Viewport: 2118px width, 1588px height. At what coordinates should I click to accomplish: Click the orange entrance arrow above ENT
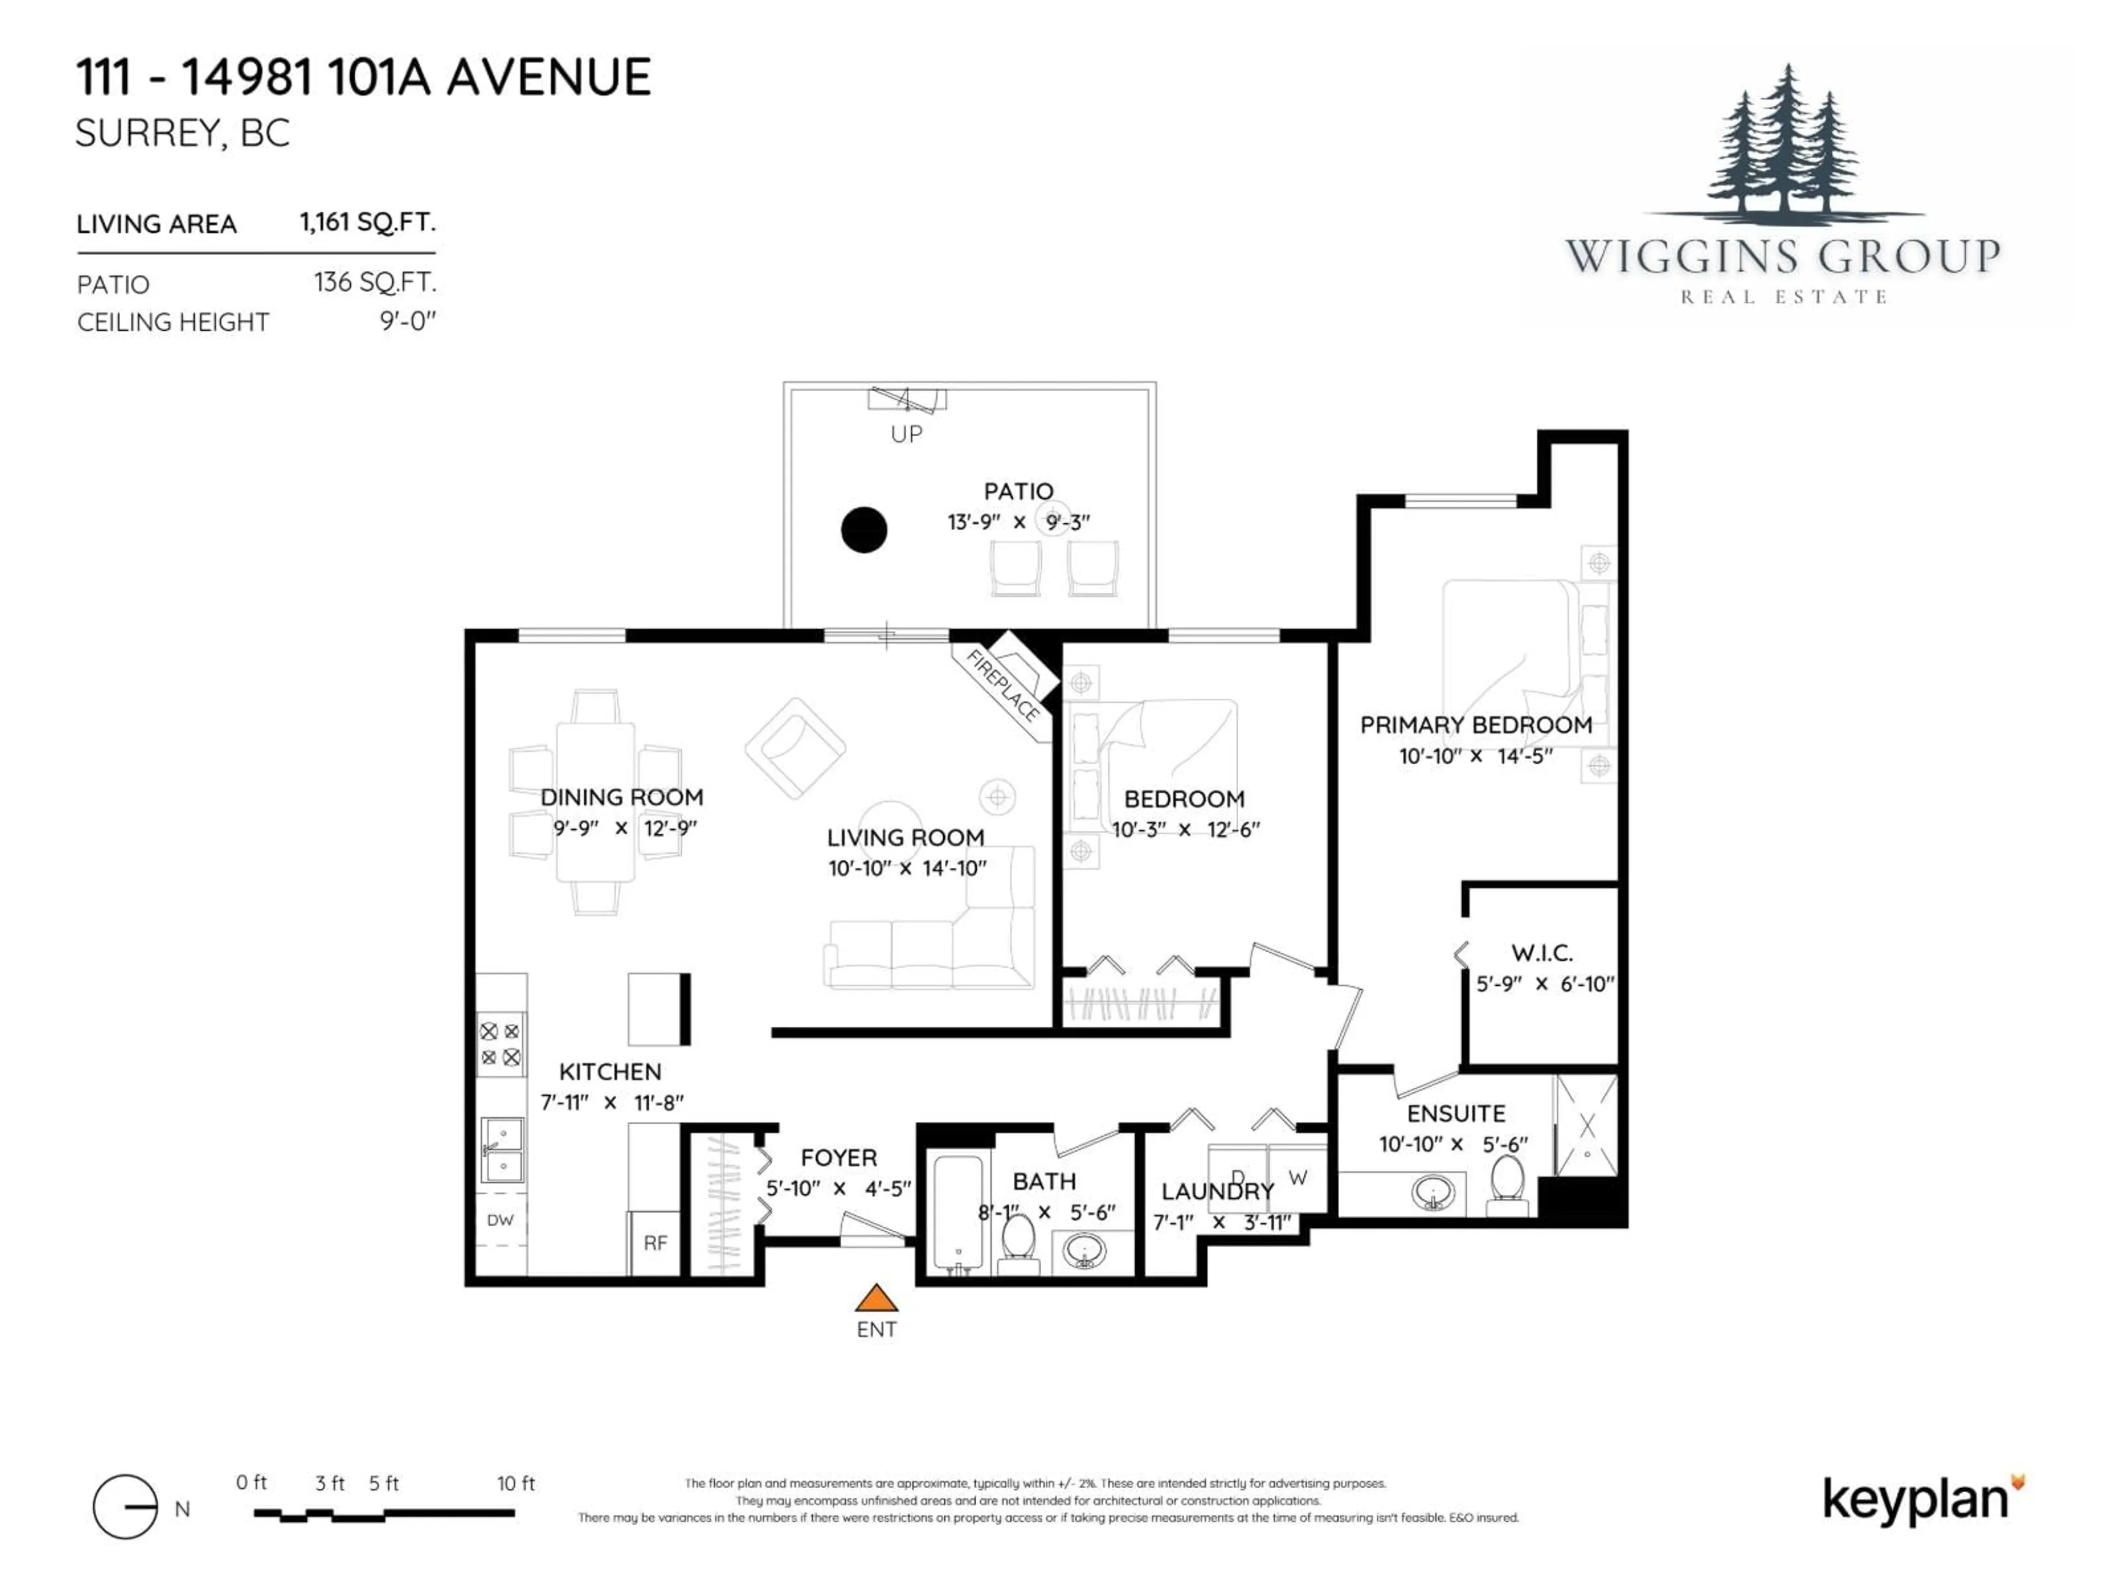[875, 1299]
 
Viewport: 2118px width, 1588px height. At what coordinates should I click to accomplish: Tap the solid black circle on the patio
[864, 529]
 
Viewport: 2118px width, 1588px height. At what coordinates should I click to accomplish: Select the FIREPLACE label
[1003, 685]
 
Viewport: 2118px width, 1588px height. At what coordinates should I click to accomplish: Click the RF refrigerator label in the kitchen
[655, 1242]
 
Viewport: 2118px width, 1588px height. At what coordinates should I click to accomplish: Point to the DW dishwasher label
[500, 1220]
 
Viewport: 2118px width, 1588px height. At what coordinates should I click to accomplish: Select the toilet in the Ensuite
[1506, 1182]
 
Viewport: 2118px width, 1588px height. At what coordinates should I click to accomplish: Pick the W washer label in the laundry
[1297, 1177]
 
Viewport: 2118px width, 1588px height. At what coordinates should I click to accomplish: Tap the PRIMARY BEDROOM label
[1475, 725]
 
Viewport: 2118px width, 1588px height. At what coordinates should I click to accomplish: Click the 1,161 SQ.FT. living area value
[368, 222]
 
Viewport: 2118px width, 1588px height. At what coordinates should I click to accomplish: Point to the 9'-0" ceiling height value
[408, 321]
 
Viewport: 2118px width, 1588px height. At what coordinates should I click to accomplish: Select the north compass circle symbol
[125, 1506]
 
